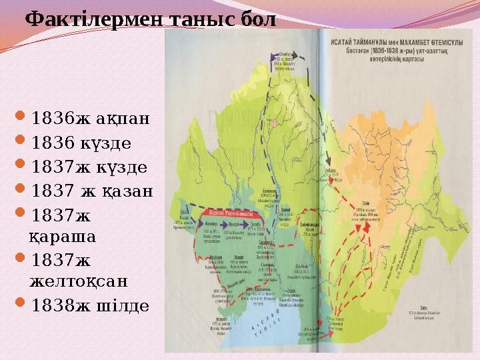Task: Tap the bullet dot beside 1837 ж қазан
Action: tap(23, 191)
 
